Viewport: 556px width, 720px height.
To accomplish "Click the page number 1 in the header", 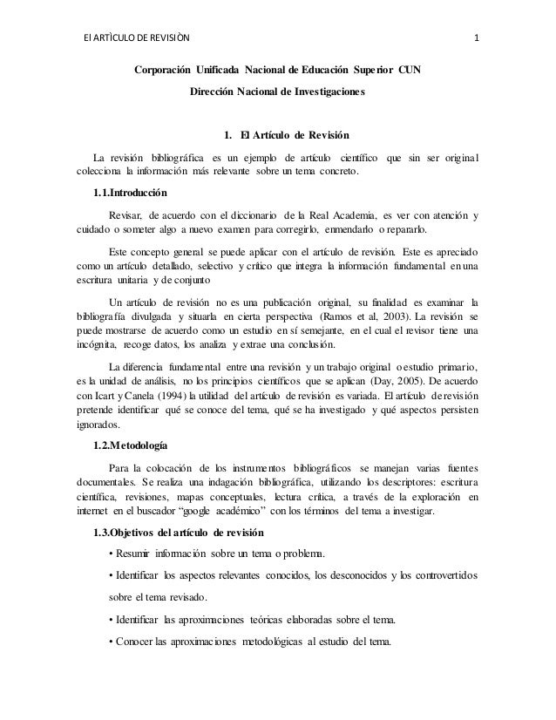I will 476,37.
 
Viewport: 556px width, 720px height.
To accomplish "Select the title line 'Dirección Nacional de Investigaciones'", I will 279,91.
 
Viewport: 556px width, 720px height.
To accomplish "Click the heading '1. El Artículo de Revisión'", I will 287,137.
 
